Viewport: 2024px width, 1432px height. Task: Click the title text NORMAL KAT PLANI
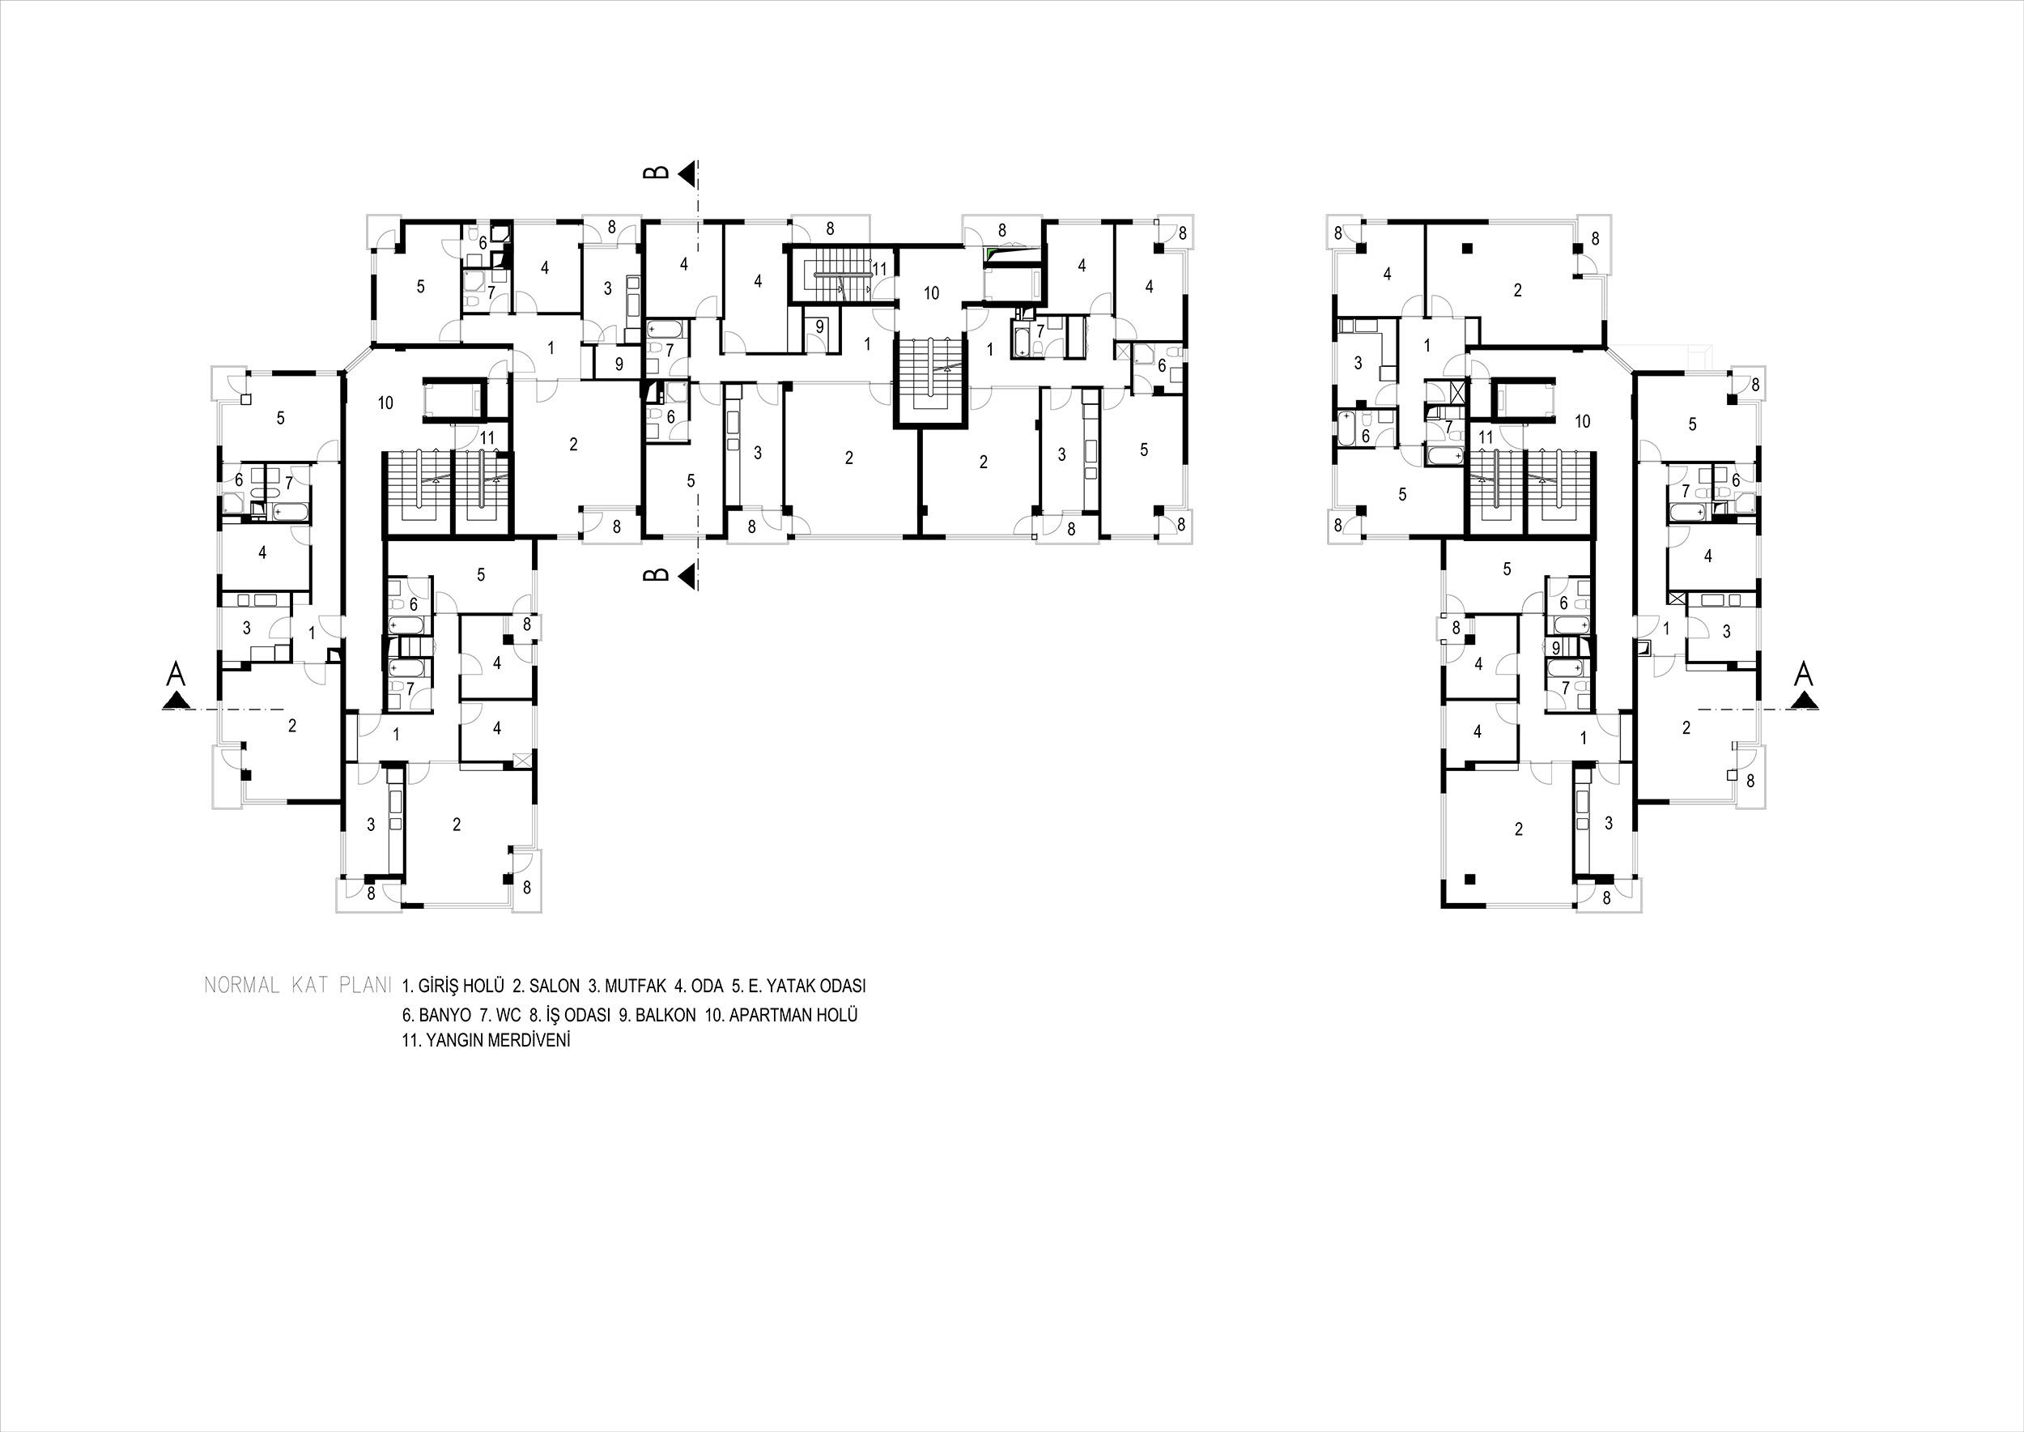(x=297, y=986)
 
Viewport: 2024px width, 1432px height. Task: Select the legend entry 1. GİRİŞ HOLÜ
(x=453, y=986)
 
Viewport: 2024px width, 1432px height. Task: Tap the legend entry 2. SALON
(x=546, y=986)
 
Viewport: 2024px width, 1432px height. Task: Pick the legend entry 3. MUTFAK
(x=627, y=986)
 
